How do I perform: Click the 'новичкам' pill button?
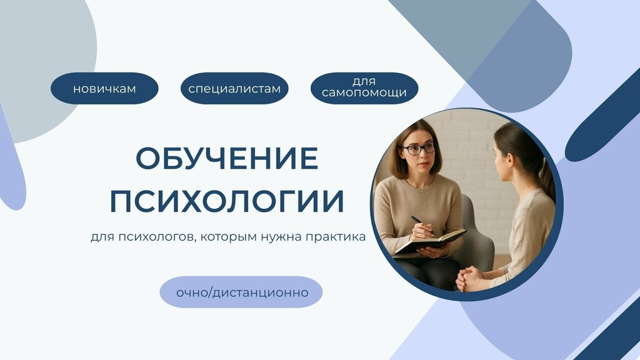104,89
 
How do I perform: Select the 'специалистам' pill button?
234,89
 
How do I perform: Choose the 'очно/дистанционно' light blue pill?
241,292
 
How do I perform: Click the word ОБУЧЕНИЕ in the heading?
227,159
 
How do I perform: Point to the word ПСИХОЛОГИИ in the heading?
227,201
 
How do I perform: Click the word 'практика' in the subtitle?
335,238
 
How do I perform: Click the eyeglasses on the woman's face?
418,149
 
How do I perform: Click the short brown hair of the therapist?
400,144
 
